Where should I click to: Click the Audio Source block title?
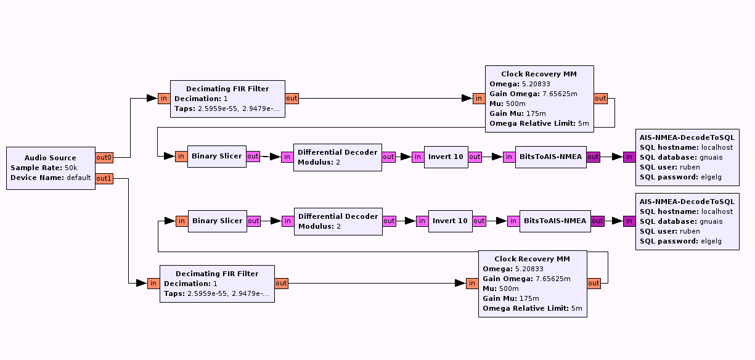[51, 158]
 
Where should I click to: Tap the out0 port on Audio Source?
[104, 158]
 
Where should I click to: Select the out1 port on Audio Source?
[104, 178]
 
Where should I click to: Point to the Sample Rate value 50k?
[71, 168]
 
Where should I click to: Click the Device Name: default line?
[51, 178]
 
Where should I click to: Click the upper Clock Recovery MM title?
[539, 74]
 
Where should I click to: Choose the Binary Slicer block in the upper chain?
[216, 157]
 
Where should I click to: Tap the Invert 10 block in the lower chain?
[450, 221]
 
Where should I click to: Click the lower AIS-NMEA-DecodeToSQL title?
[687, 202]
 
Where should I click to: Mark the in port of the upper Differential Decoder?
[287, 157]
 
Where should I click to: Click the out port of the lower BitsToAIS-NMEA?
[597, 221]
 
